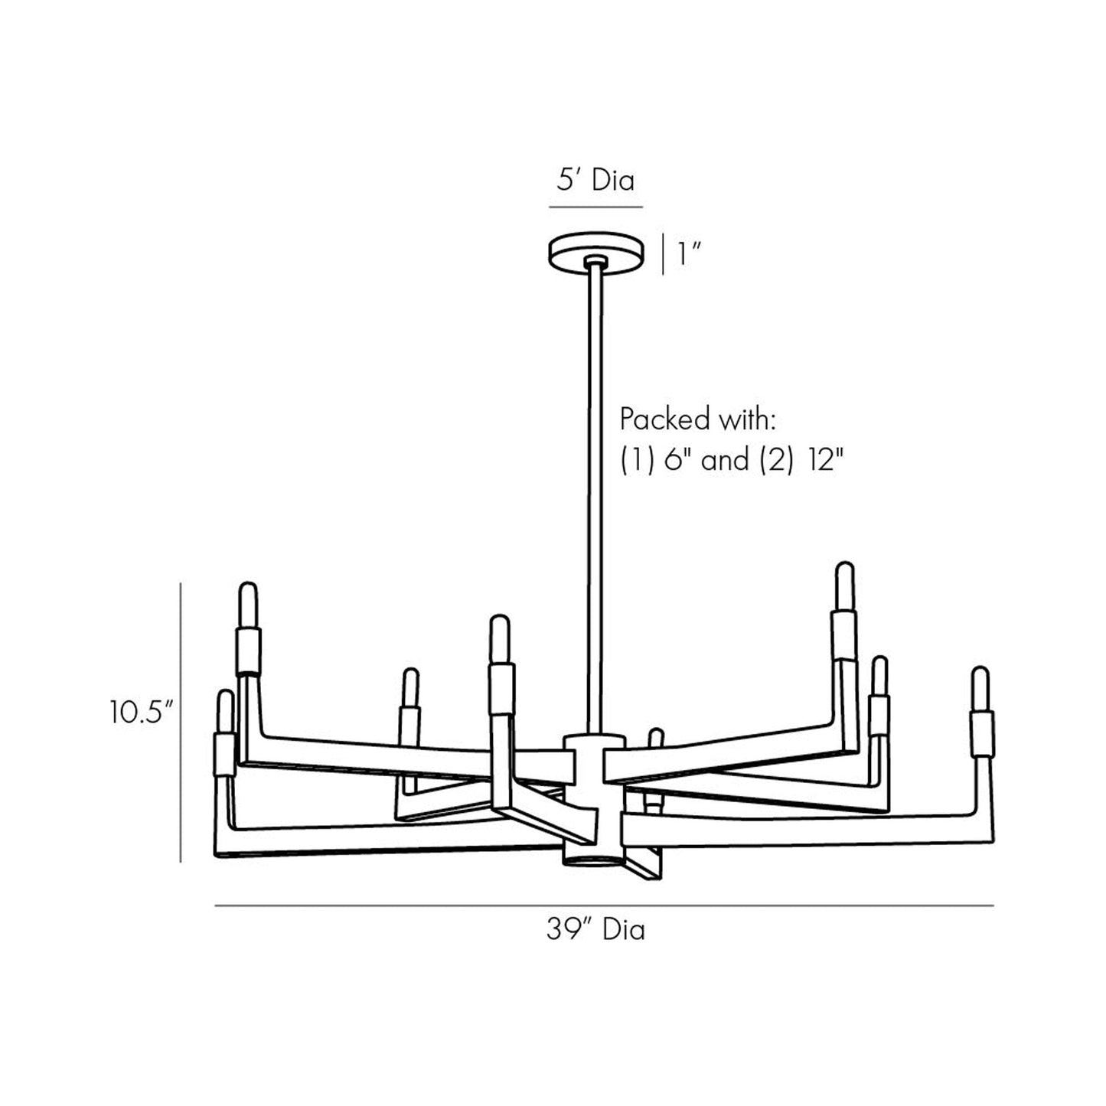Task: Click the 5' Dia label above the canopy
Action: pyautogui.click(x=595, y=181)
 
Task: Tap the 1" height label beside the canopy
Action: pyautogui.click(x=690, y=254)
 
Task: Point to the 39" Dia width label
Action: pyautogui.click(x=595, y=930)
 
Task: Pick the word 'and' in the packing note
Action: pyautogui.click(x=725, y=461)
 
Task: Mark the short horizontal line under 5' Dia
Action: pyautogui.click(x=595, y=207)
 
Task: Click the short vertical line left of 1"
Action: pyautogui.click(x=663, y=254)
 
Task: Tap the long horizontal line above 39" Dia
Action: pyautogui.click(x=604, y=906)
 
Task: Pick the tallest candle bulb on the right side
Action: pyautogui.click(x=843, y=586)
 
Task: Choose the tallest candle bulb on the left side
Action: pyautogui.click(x=248, y=605)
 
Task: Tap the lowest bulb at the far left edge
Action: pyautogui.click(x=224, y=710)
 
